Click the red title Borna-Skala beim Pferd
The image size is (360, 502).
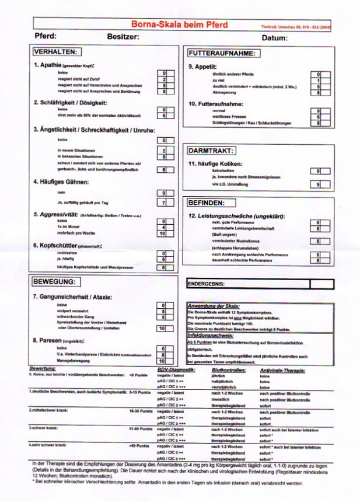(x=179, y=25)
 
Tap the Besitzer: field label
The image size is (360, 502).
(x=123, y=37)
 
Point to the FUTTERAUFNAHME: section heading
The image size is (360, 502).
(x=222, y=53)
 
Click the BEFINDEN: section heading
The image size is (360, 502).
(x=207, y=203)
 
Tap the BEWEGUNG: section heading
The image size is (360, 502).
(x=54, y=282)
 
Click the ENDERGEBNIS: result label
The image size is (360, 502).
(x=206, y=284)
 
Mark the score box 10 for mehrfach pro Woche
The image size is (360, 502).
(x=164, y=233)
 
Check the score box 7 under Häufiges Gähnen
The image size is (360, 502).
(x=164, y=203)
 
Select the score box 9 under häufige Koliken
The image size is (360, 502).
(x=319, y=184)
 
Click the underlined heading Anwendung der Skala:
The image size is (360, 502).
(x=214, y=306)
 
